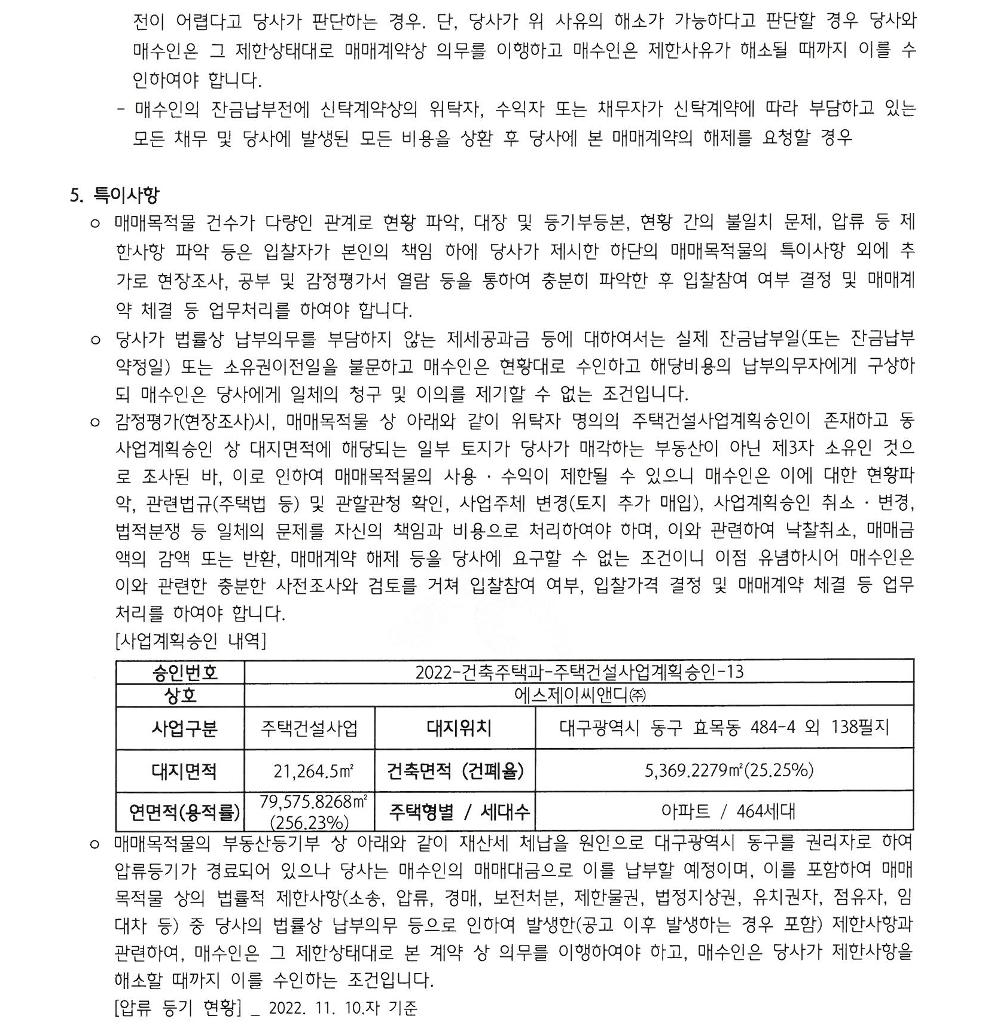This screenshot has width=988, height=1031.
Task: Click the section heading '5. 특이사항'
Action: point(115,195)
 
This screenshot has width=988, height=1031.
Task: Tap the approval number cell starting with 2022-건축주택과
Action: point(579,672)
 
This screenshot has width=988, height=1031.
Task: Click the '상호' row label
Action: point(181,696)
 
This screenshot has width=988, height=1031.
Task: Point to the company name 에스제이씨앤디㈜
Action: point(579,696)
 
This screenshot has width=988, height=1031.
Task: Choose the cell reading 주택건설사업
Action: point(309,728)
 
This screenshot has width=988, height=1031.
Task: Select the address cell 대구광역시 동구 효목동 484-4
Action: point(724,728)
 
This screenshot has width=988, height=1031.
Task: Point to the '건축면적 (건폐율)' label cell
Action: point(455,771)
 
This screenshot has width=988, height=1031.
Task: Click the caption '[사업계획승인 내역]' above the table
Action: point(190,642)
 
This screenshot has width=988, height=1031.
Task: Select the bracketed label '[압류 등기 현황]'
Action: point(177,1008)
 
